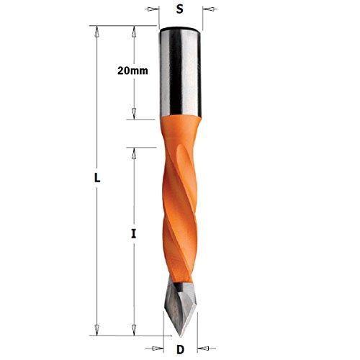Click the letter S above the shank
click(181, 10)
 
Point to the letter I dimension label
click(134, 233)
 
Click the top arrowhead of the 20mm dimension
click(134, 30)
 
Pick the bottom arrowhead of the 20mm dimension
click(134, 116)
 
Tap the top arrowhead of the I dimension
click(134, 150)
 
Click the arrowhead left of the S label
click(156, 10)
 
